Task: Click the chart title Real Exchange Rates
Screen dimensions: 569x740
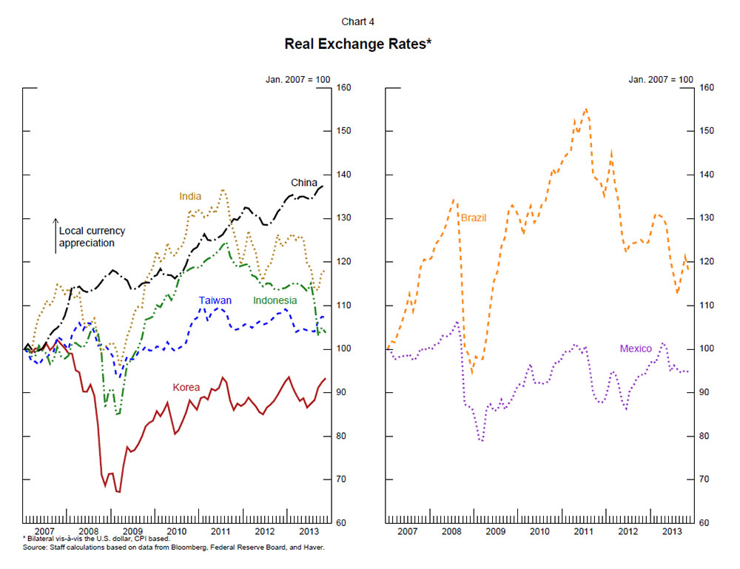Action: (x=357, y=44)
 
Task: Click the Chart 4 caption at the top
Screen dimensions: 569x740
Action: (x=357, y=21)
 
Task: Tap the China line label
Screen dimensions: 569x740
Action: (x=303, y=183)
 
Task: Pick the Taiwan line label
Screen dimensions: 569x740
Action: (x=215, y=300)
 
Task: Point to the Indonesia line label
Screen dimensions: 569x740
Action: (x=275, y=300)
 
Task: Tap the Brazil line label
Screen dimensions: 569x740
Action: (x=473, y=218)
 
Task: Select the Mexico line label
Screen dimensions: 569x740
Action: (x=636, y=348)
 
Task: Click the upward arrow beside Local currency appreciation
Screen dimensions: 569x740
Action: (x=55, y=235)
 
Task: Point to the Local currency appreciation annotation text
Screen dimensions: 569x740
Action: (x=87, y=236)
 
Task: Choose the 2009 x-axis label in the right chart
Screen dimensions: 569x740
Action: (x=496, y=531)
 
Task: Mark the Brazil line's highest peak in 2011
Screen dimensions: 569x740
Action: (x=585, y=109)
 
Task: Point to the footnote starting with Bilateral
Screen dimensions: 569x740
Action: (x=96, y=539)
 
